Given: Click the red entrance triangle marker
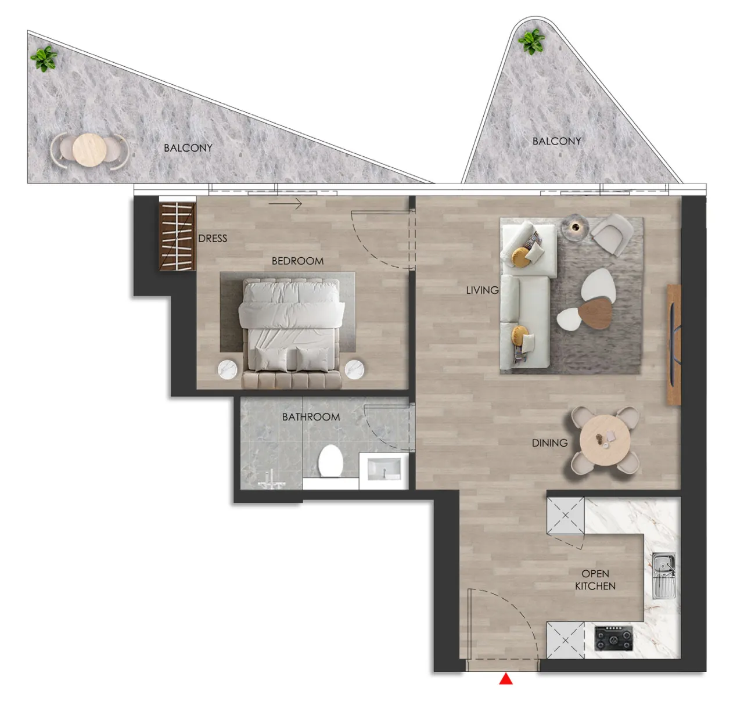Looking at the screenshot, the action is tap(505, 679).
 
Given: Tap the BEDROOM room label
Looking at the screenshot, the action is tap(297, 261).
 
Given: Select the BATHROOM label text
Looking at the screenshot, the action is tap(311, 417).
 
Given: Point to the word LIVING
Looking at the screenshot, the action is tap(482, 290).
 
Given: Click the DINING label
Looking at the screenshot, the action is tap(549, 443).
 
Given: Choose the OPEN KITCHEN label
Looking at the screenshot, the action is tap(595, 580).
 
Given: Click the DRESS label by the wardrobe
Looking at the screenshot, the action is tap(213, 239).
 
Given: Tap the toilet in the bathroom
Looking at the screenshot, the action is tap(330, 461).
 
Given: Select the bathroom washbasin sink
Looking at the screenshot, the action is tap(384, 469).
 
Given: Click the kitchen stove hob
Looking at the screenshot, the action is tap(614, 638).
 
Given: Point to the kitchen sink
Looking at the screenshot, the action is tap(663, 576).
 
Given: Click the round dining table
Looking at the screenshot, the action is tap(605, 440).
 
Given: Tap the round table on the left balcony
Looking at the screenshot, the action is tap(89, 149).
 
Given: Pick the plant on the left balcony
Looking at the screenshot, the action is tap(44, 58).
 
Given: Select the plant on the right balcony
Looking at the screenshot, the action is tap(531, 41).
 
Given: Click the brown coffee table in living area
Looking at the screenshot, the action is tap(595, 314).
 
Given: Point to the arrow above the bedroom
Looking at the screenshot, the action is tap(285, 204).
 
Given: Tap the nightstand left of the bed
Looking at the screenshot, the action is tap(228, 370).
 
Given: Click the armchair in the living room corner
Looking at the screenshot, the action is tap(611, 233).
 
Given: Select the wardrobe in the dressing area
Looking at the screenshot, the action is tap(177, 236).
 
